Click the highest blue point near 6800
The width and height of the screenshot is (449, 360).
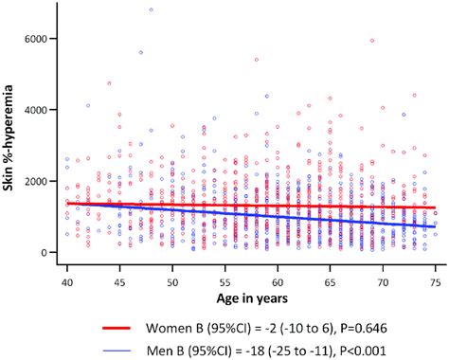point(151,9)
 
